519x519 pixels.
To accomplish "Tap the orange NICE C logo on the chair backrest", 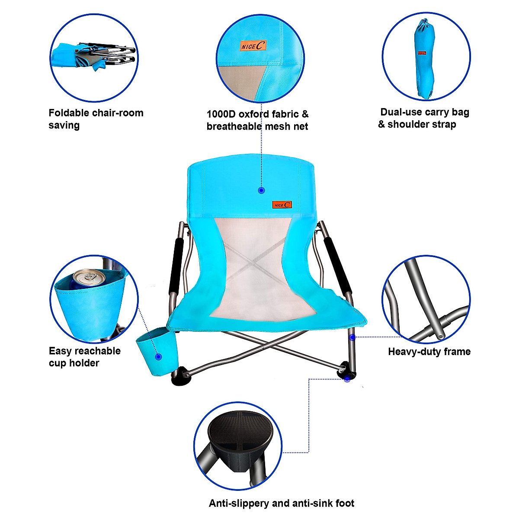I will pyautogui.click(x=282, y=205).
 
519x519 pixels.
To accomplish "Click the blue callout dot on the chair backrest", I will pyautogui.click(x=261, y=190).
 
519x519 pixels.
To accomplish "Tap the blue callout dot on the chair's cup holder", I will pyautogui.click(x=158, y=357).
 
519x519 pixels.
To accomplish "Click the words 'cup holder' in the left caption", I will pyautogui.click(x=74, y=363).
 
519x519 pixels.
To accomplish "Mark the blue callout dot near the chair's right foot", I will pyautogui.click(x=347, y=379).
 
